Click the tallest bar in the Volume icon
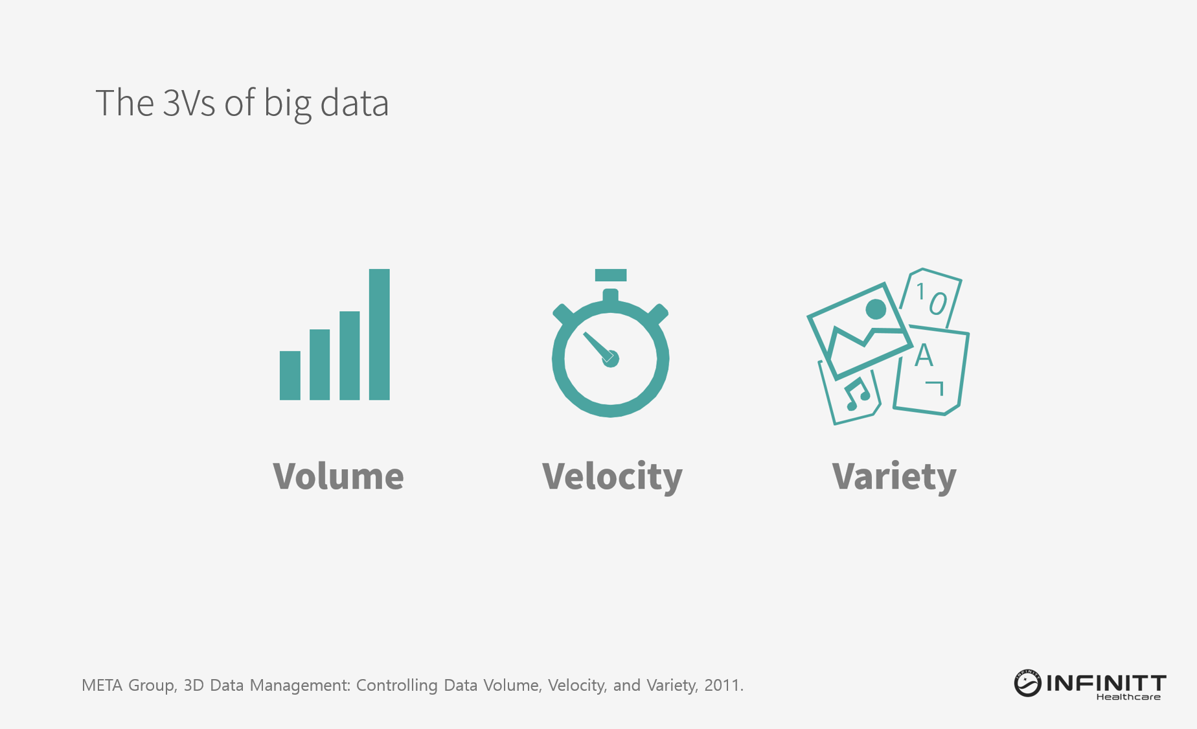380,334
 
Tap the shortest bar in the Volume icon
290,376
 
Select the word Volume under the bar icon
338,476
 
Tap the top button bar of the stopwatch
611,275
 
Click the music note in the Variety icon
858,394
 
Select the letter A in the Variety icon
924,356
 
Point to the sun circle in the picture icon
876,309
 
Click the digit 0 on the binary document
937,303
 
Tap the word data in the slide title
354,103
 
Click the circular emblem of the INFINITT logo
1027,684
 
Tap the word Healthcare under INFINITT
1128,697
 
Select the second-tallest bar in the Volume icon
350,356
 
